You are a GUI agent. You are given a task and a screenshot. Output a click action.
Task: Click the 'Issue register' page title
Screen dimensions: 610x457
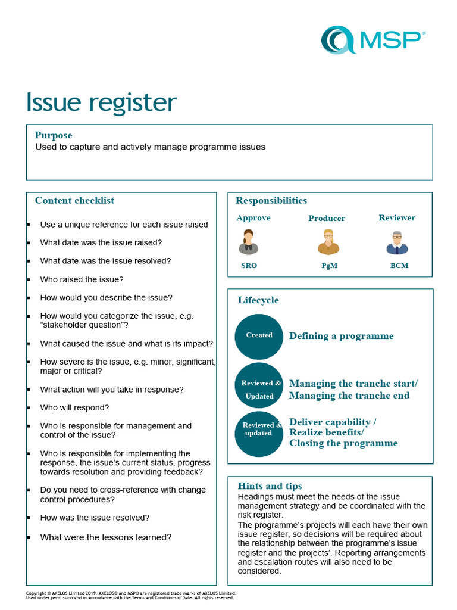coord(101,102)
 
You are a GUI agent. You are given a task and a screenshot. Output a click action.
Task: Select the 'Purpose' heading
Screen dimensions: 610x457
coord(54,135)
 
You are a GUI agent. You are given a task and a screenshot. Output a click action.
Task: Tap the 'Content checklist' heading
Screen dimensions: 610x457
coord(74,200)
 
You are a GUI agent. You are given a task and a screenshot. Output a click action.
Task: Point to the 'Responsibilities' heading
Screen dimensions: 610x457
coord(271,200)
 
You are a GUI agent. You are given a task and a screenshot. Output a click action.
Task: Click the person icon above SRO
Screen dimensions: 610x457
coord(249,242)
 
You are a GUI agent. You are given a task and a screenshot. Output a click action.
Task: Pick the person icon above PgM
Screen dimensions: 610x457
coord(328,242)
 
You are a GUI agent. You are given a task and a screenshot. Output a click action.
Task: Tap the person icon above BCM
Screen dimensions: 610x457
coord(397,242)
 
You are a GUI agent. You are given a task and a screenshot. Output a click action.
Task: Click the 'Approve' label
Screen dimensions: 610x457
coord(253,218)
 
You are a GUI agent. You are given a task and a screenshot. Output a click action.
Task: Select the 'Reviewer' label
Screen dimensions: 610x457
coord(397,218)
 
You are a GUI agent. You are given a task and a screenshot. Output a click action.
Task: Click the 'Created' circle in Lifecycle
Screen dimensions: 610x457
coord(259,335)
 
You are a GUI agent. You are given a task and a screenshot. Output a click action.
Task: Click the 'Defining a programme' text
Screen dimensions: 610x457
coord(342,336)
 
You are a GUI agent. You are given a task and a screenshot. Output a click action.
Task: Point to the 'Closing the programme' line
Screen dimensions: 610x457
coord(343,443)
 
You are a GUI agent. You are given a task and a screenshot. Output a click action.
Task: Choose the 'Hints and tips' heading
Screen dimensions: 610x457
coord(270,486)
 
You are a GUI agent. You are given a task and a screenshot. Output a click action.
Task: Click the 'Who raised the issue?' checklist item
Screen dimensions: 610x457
coord(82,279)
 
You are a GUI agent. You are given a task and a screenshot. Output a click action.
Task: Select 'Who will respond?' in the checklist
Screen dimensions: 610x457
coord(74,408)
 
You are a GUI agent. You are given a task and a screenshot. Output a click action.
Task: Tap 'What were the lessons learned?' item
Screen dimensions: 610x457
coord(106,537)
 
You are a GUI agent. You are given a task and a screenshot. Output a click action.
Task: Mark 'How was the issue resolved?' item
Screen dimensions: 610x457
coord(95,518)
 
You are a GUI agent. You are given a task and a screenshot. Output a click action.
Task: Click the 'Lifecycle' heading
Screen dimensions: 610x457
coord(258,300)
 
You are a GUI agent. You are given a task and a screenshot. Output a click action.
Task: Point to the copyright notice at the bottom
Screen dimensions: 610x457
coord(131,595)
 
